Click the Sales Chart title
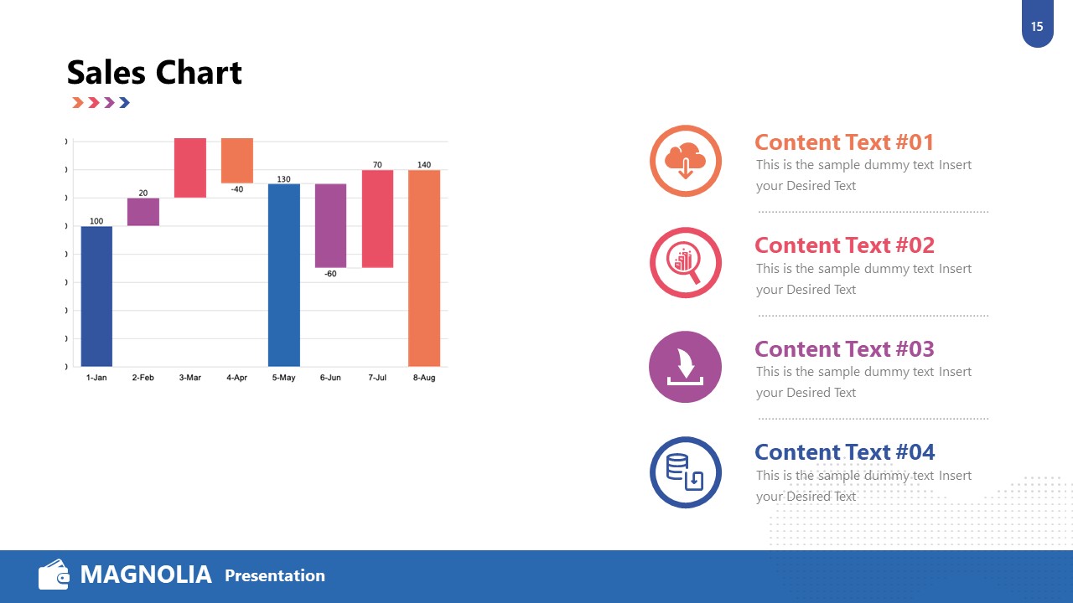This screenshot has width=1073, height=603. tap(154, 73)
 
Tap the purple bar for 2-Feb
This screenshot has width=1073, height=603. tap(143, 212)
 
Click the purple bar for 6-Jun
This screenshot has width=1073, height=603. tap(330, 225)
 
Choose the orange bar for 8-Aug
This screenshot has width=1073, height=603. tap(424, 268)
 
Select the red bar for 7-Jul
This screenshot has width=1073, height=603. tap(377, 219)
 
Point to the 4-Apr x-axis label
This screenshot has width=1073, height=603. tap(236, 378)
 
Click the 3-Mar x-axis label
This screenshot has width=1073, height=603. tap(190, 378)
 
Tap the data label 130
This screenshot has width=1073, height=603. tap(284, 179)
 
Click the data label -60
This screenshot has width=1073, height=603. tap(330, 274)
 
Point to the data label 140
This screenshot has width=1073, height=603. tap(424, 165)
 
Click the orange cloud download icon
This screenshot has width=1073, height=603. tap(685, 161)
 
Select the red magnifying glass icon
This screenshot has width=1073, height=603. tap(685, 263)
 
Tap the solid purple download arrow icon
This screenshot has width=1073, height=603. tap(685, 367)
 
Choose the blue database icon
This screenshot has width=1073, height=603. tap(685, 472)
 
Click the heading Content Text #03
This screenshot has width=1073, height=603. tap(844, 348)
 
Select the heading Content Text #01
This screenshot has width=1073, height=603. tap(844, 142)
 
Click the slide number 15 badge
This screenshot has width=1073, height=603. tap(1037, 27)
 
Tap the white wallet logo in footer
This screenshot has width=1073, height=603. tap(54, 575)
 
